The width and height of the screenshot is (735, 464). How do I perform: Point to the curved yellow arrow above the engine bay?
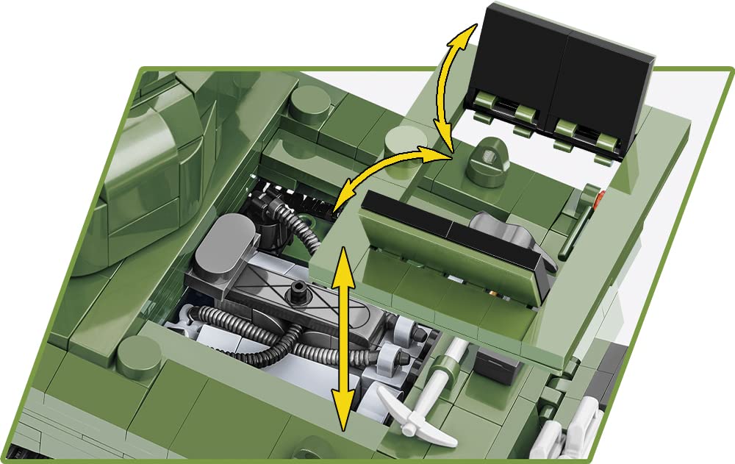[x=390, y=172]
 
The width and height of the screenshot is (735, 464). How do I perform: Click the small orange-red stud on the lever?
[x=601, y=196]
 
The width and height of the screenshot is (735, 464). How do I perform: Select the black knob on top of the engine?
[x=298, y=290]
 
